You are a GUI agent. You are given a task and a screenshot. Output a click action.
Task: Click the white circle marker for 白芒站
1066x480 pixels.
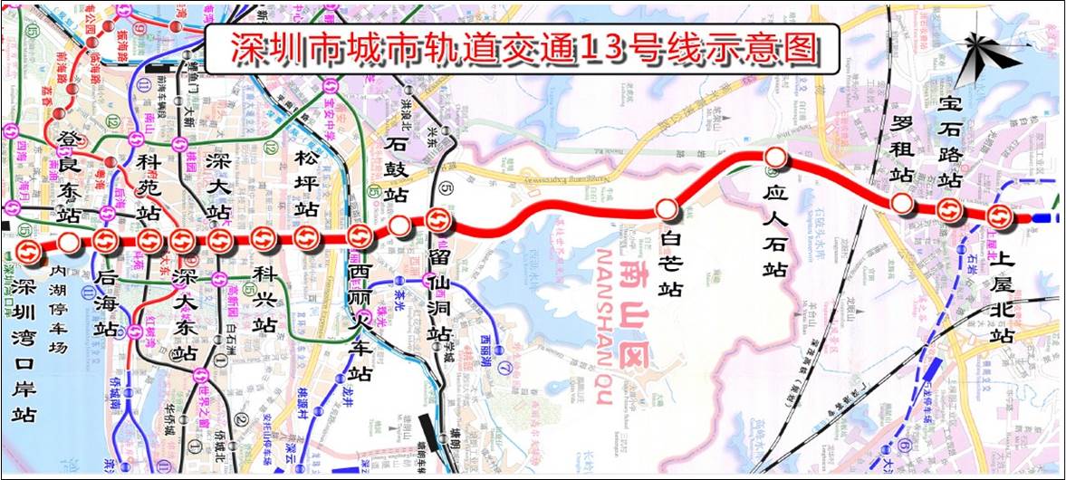point(667,210)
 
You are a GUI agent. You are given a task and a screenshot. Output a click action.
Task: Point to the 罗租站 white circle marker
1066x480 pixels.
point(901,204)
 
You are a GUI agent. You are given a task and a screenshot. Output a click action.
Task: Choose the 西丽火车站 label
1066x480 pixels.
point(360,322)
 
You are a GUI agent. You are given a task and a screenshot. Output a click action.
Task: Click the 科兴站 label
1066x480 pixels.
point(264,298)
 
